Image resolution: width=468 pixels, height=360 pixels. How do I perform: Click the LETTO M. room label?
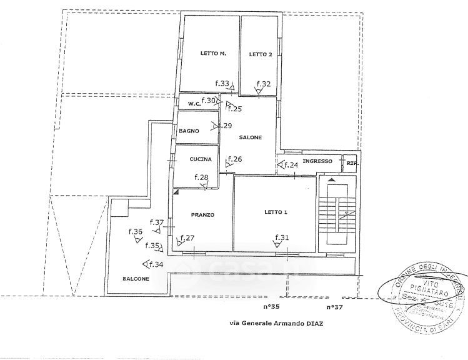pos(212,54)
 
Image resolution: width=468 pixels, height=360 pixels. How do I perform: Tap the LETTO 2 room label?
pos(261,54)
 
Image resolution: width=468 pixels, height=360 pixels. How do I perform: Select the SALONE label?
pos(250,137)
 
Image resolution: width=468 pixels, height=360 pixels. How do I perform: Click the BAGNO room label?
pos(189,131)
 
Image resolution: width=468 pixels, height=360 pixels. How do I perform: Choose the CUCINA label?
pos(201,160)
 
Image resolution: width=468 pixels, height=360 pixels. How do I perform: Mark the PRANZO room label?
pos(202,215)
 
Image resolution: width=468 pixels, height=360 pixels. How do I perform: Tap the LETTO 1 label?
pos(275,212)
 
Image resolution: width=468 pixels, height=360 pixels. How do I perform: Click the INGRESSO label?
pos(317,162)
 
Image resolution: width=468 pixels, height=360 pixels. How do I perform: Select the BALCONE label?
pos(135,279)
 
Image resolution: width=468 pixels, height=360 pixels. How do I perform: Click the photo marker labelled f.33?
pos(222,83)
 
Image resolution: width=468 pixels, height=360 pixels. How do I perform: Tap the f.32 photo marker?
pos(263,84)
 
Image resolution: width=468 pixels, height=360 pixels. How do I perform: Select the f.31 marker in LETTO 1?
pos(282,237)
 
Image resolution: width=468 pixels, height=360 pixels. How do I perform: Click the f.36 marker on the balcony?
pos(136,232)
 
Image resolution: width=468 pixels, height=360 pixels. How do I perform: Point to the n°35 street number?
pos(271,307)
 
